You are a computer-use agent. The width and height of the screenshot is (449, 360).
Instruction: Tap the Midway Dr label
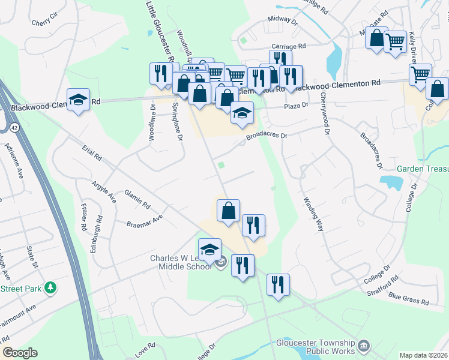pyautogui.click(x=283, y=20)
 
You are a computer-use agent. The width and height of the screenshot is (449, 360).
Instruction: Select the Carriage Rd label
pyautogui.click(x=289, y=46)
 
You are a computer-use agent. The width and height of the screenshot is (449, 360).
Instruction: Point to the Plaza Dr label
pyautogui.click(x=296, y=104)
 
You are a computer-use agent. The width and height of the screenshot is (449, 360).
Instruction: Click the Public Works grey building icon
pyautogui.click(x=364, y=346)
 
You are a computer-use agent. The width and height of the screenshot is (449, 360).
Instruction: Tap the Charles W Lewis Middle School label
pyautogui.click(x=180, y=262)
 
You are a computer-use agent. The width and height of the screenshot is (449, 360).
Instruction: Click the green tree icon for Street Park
pyautogui.click(x=52, y=289)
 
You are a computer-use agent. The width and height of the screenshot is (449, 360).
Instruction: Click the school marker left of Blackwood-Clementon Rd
pyautogui.click(x=78, y=100)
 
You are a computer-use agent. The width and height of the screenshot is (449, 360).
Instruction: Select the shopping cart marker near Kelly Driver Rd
pyautogui.click(x=395, y=43)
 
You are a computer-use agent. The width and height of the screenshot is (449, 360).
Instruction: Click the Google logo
pyautogui.click(x=19, y=353)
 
